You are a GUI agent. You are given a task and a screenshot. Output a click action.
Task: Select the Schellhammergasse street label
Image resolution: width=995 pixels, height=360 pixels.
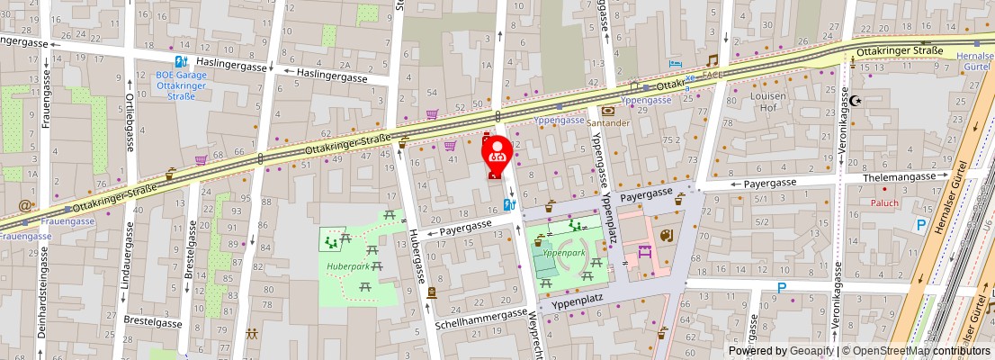481,318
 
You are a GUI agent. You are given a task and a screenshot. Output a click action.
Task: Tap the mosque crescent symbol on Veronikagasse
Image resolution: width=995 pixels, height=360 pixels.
856,101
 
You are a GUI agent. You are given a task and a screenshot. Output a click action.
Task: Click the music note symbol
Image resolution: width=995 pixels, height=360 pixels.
712,61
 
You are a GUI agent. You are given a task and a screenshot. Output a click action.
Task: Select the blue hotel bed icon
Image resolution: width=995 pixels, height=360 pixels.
677,66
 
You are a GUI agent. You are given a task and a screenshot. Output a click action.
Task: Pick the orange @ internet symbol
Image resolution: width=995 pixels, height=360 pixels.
25,205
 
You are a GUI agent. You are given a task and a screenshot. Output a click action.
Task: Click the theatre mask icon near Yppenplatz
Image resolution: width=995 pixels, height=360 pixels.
666,236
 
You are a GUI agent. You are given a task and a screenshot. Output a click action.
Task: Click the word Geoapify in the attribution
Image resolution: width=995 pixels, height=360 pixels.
813,351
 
